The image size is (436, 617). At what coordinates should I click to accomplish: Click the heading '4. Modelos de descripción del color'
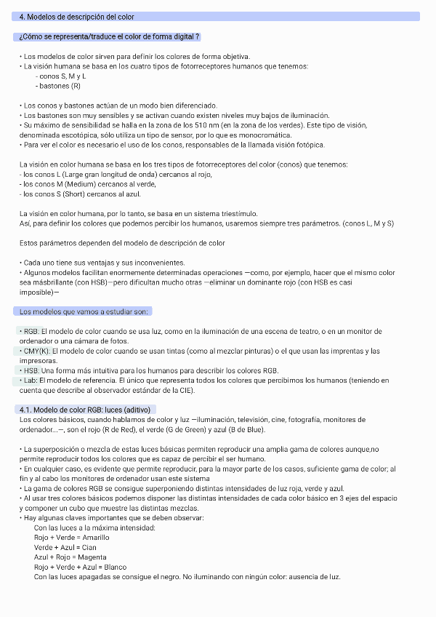pos(76,16)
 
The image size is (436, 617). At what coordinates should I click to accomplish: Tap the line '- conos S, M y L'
pos(62,76)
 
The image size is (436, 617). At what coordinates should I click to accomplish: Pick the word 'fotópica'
pos(310,144)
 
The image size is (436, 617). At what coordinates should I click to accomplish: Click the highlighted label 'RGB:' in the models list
pos(31,331)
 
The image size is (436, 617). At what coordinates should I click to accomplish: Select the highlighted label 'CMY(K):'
pos(36,351)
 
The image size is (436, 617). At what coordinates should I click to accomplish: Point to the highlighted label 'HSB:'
pos(31,370)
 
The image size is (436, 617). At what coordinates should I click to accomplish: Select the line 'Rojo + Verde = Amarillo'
pos(72,537)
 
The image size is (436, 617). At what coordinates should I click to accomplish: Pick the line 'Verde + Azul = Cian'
pos(65,547)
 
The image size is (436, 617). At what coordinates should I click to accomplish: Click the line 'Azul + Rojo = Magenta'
pos(70,557)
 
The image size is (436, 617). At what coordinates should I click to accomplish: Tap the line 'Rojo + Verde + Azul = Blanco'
pos(80,567)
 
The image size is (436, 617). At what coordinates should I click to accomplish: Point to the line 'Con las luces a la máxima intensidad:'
pos(94,528)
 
